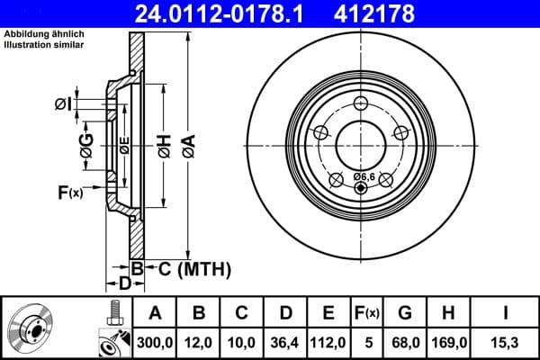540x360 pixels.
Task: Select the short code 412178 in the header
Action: tap(400, 13)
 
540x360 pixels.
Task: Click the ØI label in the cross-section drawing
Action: tap(61, 104)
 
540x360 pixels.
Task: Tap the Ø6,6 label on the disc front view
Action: tap(364, 175)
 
